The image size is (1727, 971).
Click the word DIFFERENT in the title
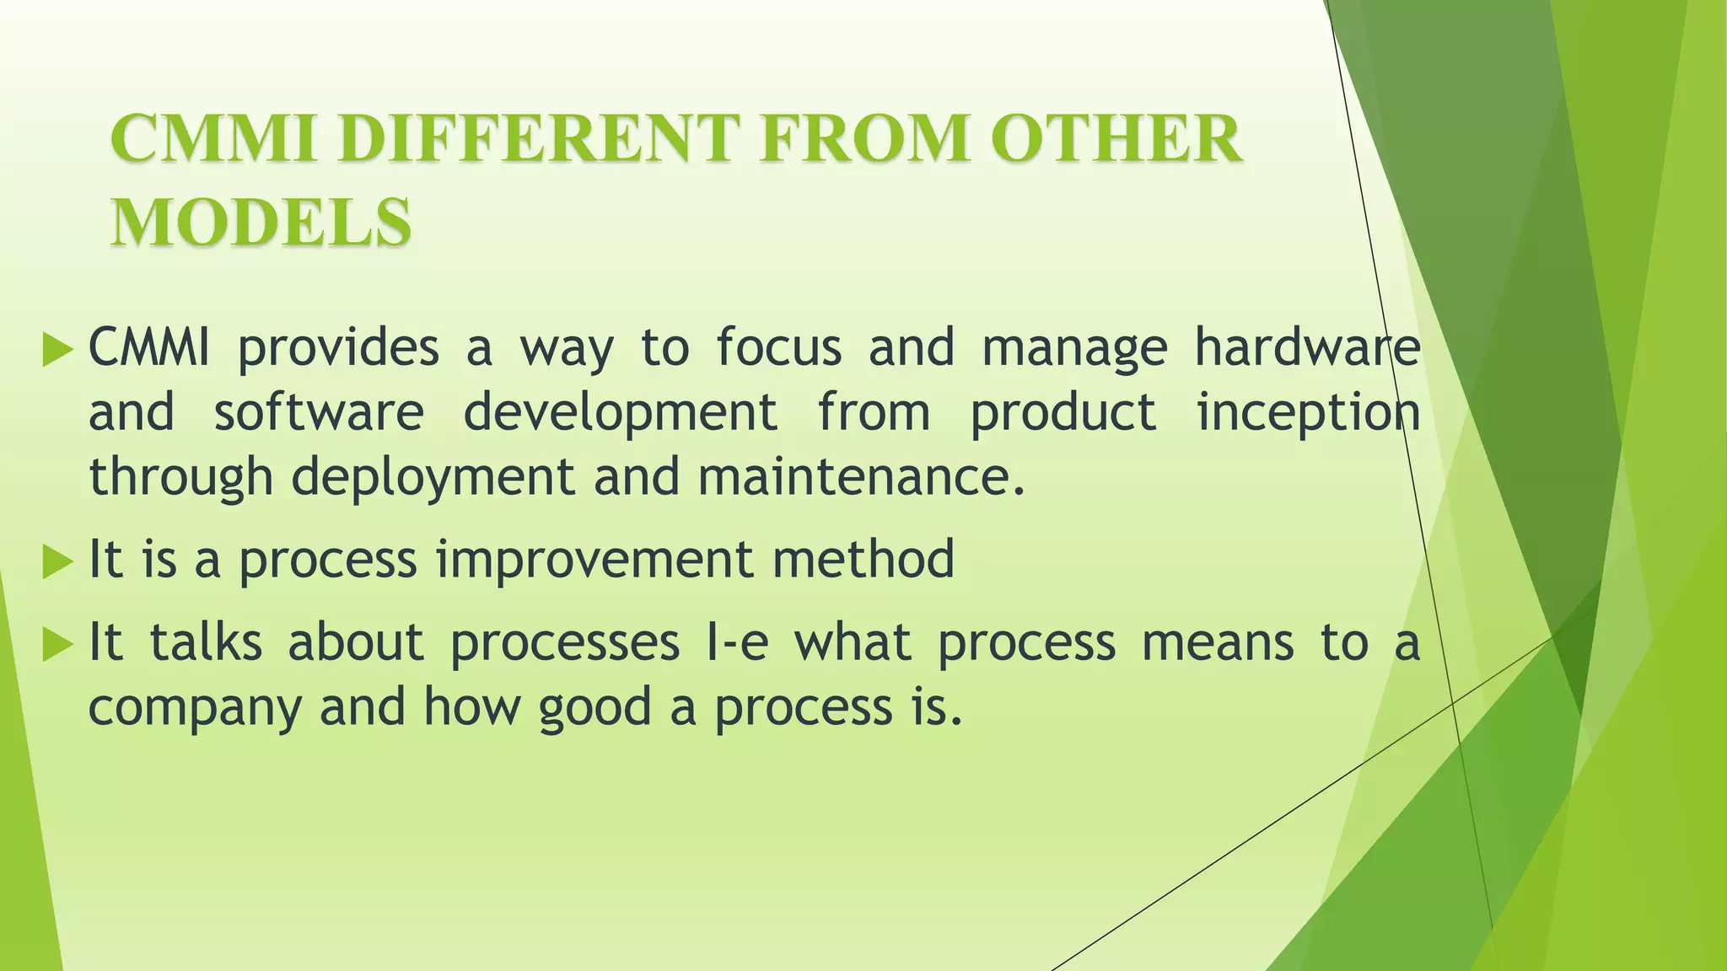click(x=539, y=139)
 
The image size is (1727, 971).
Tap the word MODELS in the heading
click(x=261, y=222)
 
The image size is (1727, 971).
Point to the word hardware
click(x=1307, y=347)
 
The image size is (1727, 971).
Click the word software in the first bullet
click(x=319, y=412)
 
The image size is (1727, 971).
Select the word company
click(x=195, y=709)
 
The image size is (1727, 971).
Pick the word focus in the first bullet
click(x=779, y=347)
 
